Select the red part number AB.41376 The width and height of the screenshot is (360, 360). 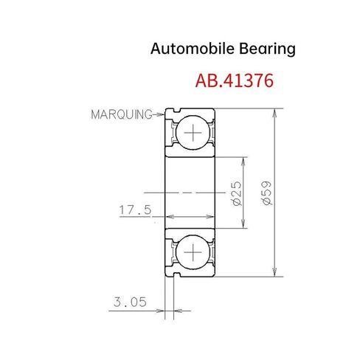click(235, 80)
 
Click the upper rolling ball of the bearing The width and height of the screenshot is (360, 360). click(193, 134)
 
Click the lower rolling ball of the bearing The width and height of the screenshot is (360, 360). click(193, 253)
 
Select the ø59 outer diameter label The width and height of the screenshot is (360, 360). click(267, 193)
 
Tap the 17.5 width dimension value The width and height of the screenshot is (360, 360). click(135, 210)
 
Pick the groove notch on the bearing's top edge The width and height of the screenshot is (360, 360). click(176, 111)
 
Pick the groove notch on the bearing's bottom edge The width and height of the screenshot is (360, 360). click(176, 275)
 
